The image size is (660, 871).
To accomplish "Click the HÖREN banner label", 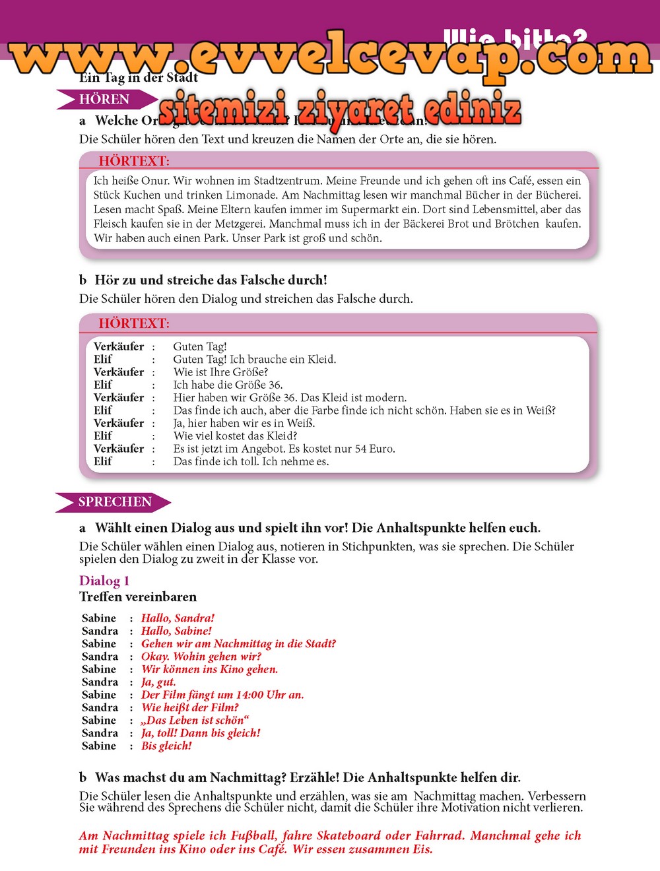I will (x=104, y=100).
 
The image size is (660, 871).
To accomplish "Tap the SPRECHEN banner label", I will (x=115, y=502).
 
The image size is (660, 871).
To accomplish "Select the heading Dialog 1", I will (x=104, y=581).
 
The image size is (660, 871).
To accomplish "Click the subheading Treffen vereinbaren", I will (x=138, y=597).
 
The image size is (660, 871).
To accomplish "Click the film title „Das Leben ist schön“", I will (x=195, y=721).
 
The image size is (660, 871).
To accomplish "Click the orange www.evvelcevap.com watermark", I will (x=330, y=56).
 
